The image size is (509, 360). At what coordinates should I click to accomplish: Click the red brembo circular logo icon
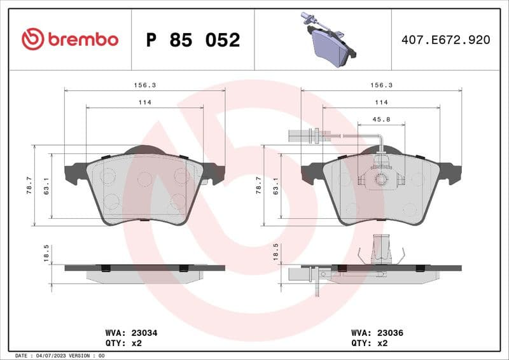tap(32, 39)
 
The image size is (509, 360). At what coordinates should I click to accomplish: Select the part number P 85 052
tap(193, 40)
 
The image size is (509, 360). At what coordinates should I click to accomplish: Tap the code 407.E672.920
tap(446, 40)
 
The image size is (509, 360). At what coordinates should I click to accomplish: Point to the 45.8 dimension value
tap(381, 120)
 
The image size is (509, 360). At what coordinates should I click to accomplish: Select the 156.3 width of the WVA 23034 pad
tap(144, 85)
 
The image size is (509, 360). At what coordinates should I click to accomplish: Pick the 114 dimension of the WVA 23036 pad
tap(381, 102)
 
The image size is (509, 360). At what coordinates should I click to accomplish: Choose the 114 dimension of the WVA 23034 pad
tap(144, 102)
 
